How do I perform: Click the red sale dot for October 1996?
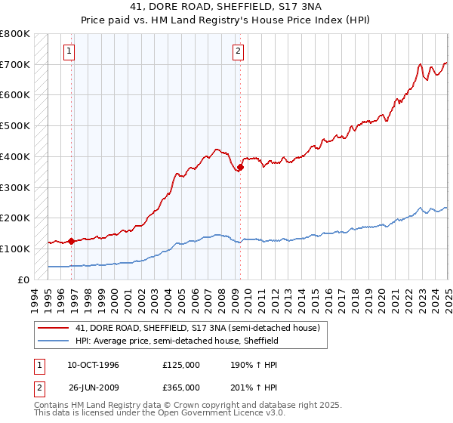[x=71, y=242]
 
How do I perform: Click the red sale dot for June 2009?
[x=240, y=167]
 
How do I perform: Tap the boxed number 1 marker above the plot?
[x=69, y=51]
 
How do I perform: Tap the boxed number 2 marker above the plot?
[x=238, y=51]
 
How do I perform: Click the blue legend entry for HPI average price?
[x=177, y=341]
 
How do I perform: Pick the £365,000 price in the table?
[x=181, y=387]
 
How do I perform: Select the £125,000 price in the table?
[x=181, y=365]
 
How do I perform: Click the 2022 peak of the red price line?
[x=419, y=65]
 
